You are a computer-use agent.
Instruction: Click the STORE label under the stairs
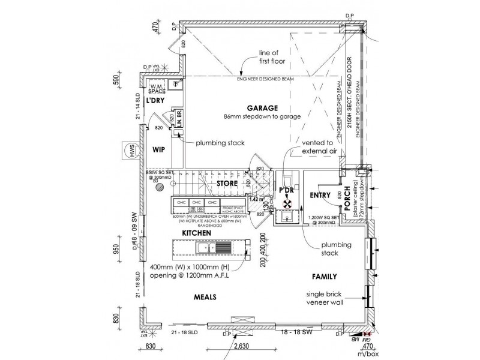click(227, 183)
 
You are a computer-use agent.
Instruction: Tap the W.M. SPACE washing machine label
click(157, 89)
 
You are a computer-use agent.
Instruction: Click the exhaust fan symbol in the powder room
click(287, 204)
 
